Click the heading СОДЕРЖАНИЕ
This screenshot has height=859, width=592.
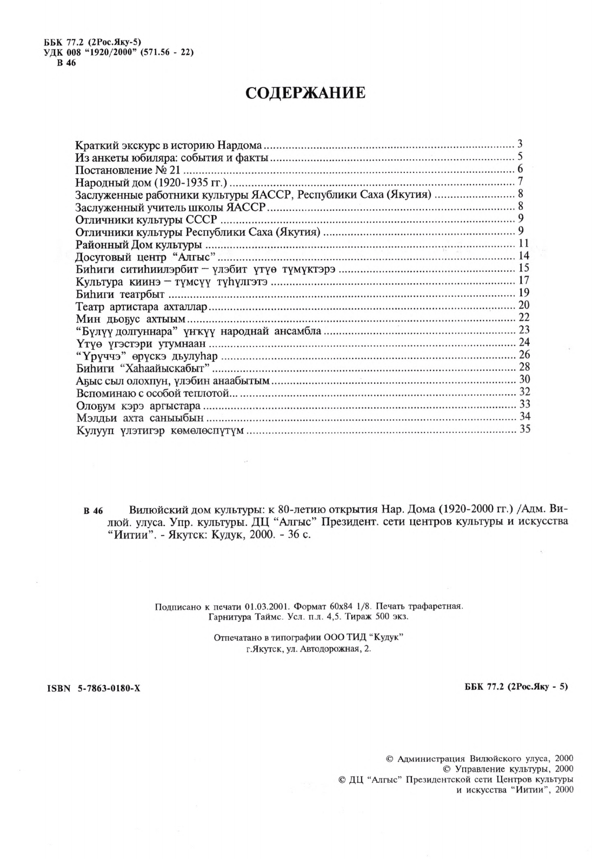pyautogui.click(x=305, y=93)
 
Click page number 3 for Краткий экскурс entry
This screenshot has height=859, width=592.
pyautogui.click(x=520, y=144)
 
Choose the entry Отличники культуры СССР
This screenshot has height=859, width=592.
pyautogui.click(x=146, y=219)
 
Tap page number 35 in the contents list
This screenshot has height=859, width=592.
pyautogui.click(x=523, y=430)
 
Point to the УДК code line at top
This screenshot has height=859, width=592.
pyautogui.click(x=118, y=52)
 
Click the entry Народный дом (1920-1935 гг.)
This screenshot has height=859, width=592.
pyautogui.click(x=151, y=182)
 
